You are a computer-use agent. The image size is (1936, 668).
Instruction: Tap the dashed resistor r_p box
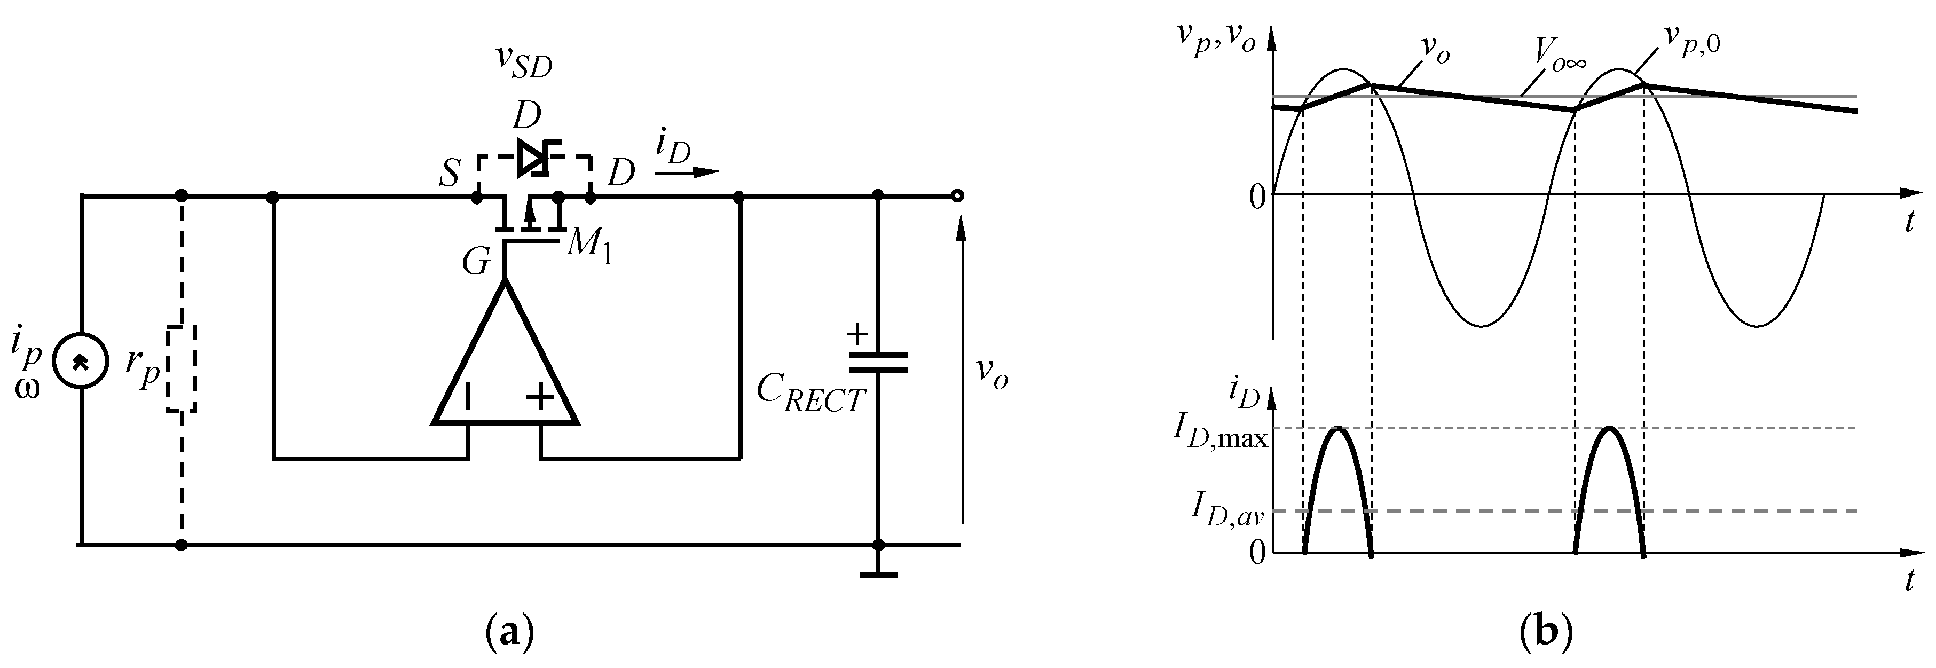[181, 369]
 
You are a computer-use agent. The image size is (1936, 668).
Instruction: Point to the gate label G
[476, 263]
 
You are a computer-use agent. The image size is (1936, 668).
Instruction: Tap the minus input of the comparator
[468, 397]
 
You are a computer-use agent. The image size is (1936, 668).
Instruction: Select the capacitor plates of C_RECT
[878, 363]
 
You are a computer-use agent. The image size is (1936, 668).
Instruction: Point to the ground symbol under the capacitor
[878, 575]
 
